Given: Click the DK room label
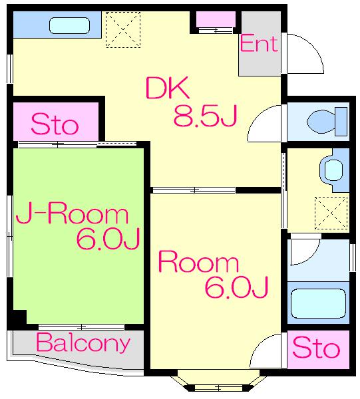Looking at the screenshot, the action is click(167, 88).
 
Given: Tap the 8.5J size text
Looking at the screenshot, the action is click(205, 115).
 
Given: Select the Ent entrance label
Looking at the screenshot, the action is click(258, 44).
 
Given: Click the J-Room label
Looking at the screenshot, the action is click(72, 215).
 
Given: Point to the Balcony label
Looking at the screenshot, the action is click(83, 343).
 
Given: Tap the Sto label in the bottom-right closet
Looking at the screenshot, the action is click(316, 348).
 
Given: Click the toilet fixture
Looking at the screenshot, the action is click(327, 122).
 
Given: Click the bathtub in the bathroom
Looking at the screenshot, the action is click(318, 304).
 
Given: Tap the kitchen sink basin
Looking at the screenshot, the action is click(69, 25).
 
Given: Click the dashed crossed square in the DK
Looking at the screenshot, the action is click(123, 29).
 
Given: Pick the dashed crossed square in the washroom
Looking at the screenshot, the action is click(331, 213).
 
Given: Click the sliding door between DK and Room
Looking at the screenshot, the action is click(194, 190).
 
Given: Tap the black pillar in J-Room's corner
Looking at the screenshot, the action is click(19, 317).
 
